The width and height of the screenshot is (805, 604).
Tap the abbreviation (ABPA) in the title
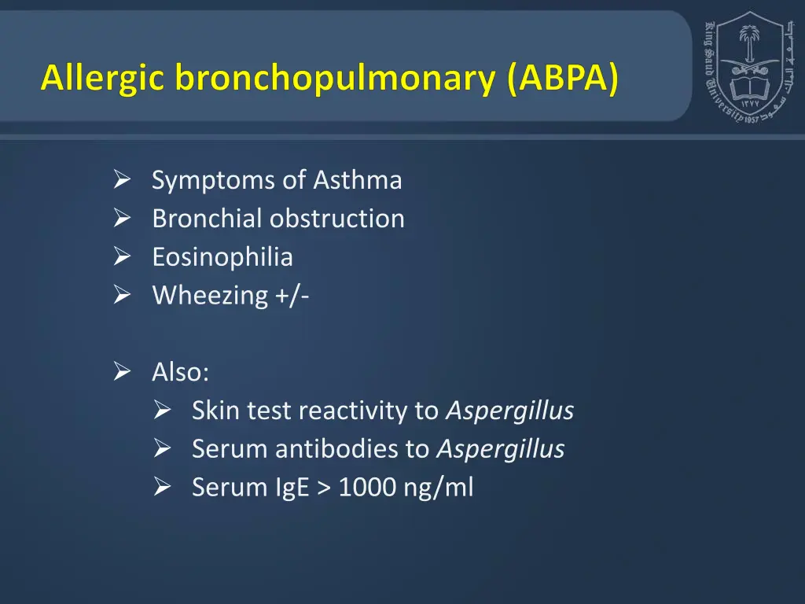[x=564, y=79]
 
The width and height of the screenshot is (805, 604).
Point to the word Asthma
[x=358, y=180]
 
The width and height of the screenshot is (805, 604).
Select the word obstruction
[x=337, y=219]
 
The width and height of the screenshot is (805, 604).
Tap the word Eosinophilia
[x=222, y=257]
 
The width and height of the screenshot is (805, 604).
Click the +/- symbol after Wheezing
[x=292, y=296]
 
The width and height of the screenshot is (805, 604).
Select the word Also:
[x=181, y=372]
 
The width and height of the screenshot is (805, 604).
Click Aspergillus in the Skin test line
[x=509, y=411]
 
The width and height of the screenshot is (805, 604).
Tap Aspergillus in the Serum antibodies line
[x=500, y=449]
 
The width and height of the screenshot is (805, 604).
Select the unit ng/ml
[x=439, y=488]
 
